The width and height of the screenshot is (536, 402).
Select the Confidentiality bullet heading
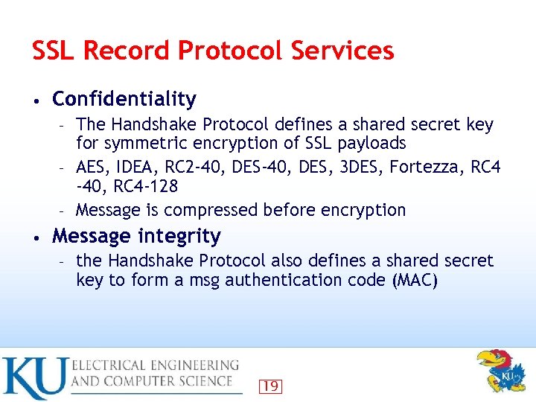tap(124, 99)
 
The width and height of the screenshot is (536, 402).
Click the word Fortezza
tap(428, 167)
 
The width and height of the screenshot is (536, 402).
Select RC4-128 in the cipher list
tap(146, 185)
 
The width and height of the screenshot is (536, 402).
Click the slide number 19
tap(270, 386)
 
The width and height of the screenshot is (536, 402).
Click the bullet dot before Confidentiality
tap(36, 100)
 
